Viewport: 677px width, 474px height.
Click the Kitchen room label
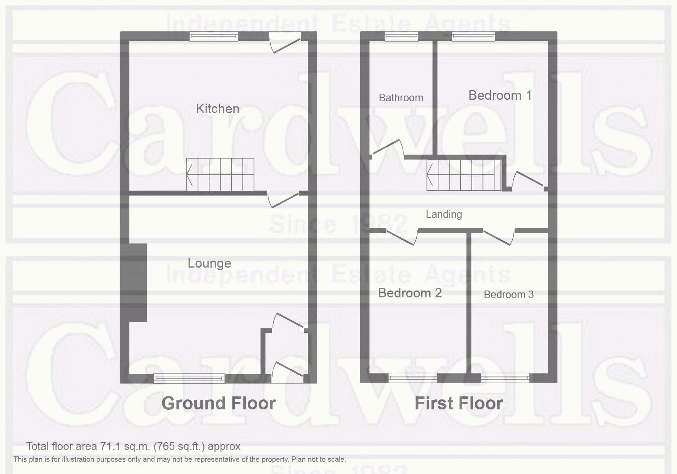click(x=218, y=109)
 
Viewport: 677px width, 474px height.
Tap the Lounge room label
click(x=209, y=263)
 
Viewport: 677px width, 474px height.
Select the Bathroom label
click(x=401, y=98)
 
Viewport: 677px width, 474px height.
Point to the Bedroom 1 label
click(x=500, y=95)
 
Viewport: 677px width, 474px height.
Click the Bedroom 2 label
click(x=410, y=293)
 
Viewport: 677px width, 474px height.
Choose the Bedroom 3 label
click(x=508, y=294)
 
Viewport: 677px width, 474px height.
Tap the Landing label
click(x=444, y=214)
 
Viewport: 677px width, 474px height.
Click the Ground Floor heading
click(x=218, y=403)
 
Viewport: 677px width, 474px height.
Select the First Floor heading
click(x=459, y=403)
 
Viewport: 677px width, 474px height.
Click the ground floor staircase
click(x=221, y=174)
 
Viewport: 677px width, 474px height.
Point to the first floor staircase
click(x=464, y=175)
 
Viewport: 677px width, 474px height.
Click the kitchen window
click(x=214, y=36)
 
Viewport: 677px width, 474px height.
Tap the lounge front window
click(x=189, y=378)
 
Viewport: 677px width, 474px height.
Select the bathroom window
click(x=401, y=37)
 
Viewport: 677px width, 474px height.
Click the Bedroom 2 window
click(x=412, y=378)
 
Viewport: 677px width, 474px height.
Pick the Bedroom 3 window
click(x=505, y=378)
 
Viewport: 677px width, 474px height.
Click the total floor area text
click(x=133, y=446)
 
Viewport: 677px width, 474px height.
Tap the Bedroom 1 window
click(x=473, y=37)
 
